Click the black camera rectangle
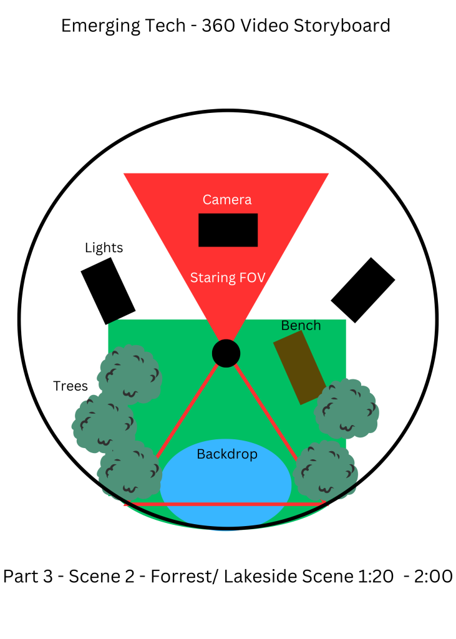(x=228, y=230)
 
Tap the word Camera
(x=227, y=200)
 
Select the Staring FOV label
(x=228, y=278)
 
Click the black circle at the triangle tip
(x=226, y=353)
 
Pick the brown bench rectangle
(x=300, y=367)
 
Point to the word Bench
(x=301, y=325)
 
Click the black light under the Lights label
(x=108, y=291)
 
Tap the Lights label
(x=104, y=248)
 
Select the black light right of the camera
(x=362, y=290)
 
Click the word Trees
(x=70, y=386)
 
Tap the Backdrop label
(x=227, y=454)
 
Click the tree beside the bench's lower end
(x=347, y=408)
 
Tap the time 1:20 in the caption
(x=372, y=576)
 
